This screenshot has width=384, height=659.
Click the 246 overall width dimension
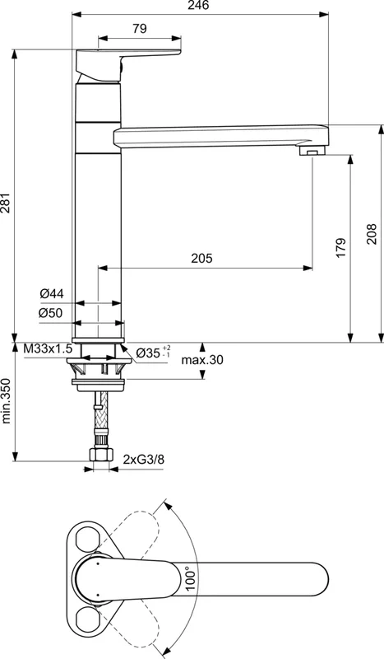point(202,7)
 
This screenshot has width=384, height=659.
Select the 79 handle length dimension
point(140,29)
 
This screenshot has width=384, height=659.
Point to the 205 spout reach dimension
point(201,259)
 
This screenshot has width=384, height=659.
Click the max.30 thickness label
point(202,360)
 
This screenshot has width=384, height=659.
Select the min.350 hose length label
point(7,400)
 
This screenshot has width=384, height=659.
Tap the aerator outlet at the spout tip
point(310,152)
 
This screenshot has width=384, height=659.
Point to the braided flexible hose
point(100,416)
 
